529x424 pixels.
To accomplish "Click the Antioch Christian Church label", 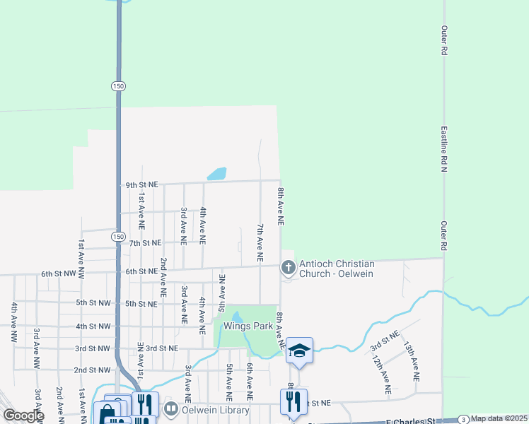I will [x=337, y=269].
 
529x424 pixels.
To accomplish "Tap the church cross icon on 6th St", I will [x=288, y=267].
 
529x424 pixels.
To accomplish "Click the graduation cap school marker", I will [x=299, y=351].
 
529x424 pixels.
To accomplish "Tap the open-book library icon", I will [x=171, y=409].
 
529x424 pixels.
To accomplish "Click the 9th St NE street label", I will [x=141, y=185].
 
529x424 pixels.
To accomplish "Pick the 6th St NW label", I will [x=57, y=272].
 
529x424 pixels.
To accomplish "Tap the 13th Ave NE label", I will [x=411, y=362].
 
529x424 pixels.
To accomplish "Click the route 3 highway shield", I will [x=463, y=418].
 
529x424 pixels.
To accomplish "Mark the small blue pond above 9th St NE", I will [x=216, y=174].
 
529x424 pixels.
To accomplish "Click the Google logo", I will [x=23, y=416].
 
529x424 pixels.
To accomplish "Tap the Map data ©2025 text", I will [x=499, y=418].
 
